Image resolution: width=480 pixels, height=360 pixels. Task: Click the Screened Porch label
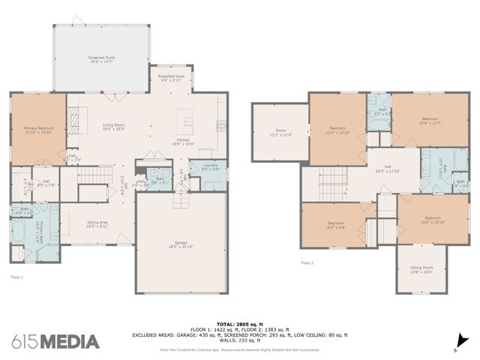point(101,59)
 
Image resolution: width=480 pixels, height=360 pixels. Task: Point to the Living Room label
point(113,127)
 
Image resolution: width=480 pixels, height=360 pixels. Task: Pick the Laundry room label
point(210,168)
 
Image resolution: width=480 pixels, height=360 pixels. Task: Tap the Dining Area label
point(98,223)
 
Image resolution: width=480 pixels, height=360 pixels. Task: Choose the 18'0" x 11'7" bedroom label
point(430,121)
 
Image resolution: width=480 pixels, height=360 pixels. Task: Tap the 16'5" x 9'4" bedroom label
point(335,224)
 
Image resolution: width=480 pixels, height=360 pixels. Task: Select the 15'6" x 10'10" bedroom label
point(433,220)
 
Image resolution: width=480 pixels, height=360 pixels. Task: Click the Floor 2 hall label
point(388,169)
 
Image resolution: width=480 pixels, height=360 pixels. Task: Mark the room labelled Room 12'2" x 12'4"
point(280,133)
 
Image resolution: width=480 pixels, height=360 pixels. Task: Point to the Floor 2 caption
point(307,263)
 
